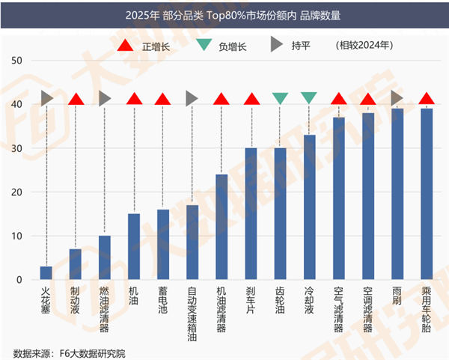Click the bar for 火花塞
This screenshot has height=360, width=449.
(x=46, y=272)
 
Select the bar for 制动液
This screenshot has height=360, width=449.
(x=76, y=264)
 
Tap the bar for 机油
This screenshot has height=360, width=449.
(x=134, y=246)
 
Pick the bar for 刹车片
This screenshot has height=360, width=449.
(x=251, y=213)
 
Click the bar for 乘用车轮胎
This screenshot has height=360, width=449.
(x=426, y=194)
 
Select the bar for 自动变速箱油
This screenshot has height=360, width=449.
(x=192, y=242)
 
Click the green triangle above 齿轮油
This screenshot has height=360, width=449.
(x=281, y=98)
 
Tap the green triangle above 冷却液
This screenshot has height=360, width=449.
(x=309, y=97)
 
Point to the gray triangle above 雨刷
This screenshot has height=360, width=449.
(x=397, y=98)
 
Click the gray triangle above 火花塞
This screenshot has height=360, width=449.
(x=47, y=98)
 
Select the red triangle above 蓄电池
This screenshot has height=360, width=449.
(x=162, y=99)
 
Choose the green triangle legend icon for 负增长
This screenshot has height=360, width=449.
(x=204, y=46)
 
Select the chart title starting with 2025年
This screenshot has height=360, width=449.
(x=224, y=14)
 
